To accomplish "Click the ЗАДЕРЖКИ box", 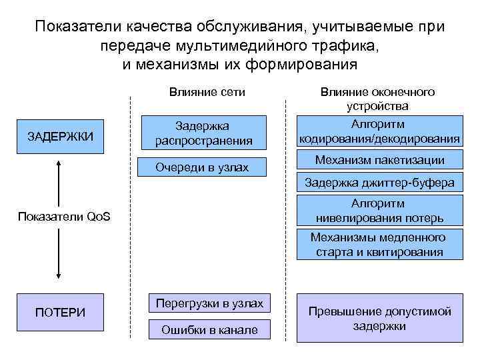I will tap(60, 136).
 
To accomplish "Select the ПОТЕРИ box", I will tap(60, 311).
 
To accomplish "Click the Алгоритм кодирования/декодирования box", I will tap(379, 132).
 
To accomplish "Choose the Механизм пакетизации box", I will tap(379, 160).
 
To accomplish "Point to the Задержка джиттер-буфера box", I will tap(379, 182).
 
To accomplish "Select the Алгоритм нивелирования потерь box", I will tap(379, 211).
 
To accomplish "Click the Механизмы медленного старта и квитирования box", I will tap(379, 245).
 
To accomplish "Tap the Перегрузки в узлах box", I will tap(210, 303).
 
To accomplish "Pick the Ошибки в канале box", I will tap(210, 329).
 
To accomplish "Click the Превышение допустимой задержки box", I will tap(379, 319).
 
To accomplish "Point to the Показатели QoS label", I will tap(65, 217).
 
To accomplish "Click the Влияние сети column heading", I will tap(203, 92).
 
